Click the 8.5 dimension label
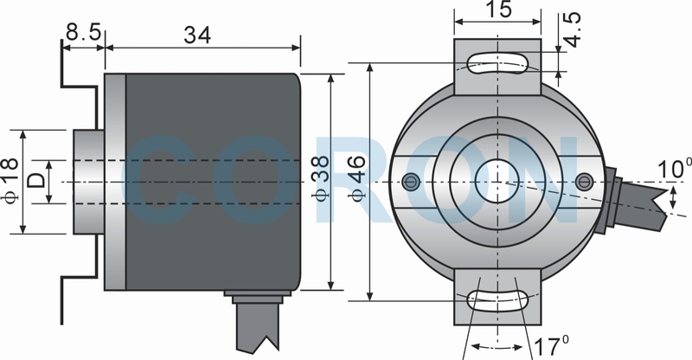point(84,32)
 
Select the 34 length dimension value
point(197,35)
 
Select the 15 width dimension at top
point(498,10)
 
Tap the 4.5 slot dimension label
point(573,29)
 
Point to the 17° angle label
point(552,346)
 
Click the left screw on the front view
point(412,180)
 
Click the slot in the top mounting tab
point(497,63)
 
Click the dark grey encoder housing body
point(213,182)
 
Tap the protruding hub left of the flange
point(89,182)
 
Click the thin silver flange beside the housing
point(115,182)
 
